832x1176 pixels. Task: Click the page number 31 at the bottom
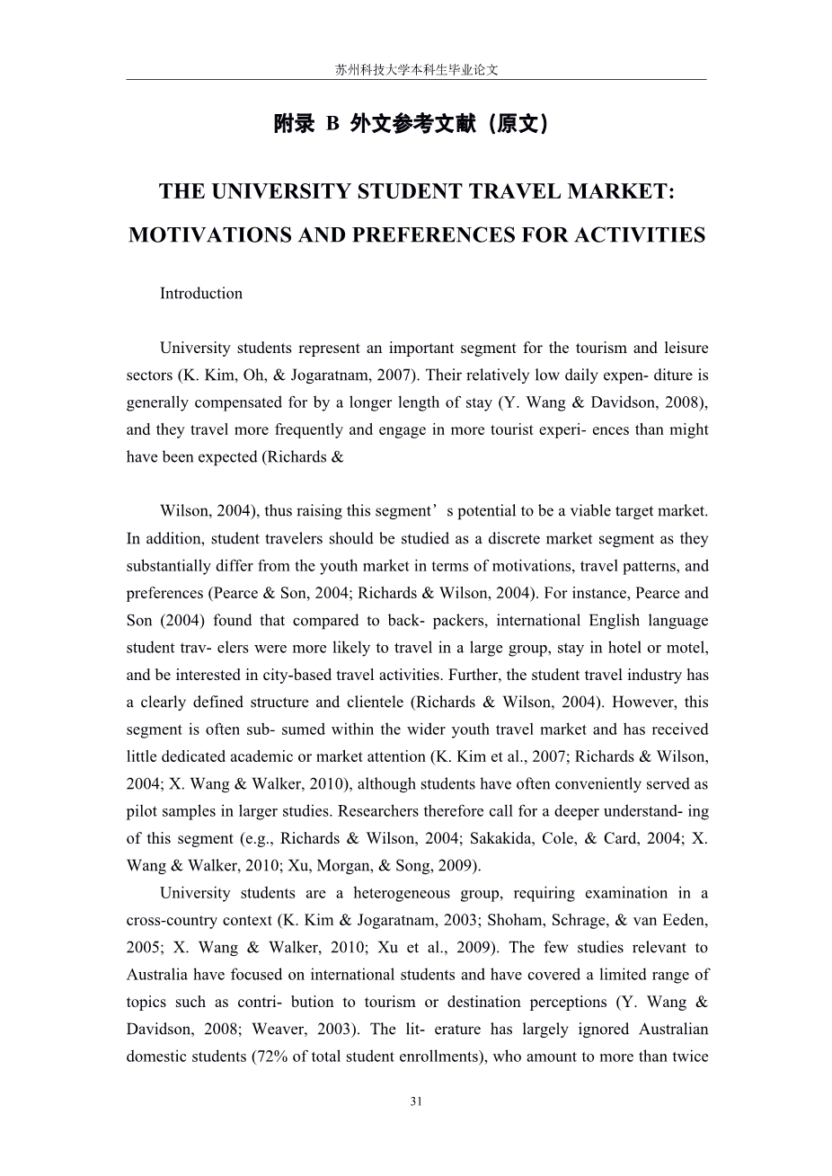pyautogui.click(x=416, y=1101)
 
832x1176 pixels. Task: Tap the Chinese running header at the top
pyautogui.click(x=416, y=69)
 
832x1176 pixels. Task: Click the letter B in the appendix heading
pyautogui.click(x=332, y=125)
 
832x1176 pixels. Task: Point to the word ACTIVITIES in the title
pyautogui.click(x=640, y=235)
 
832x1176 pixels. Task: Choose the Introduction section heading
pyautogui.click(x=201, y=294)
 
